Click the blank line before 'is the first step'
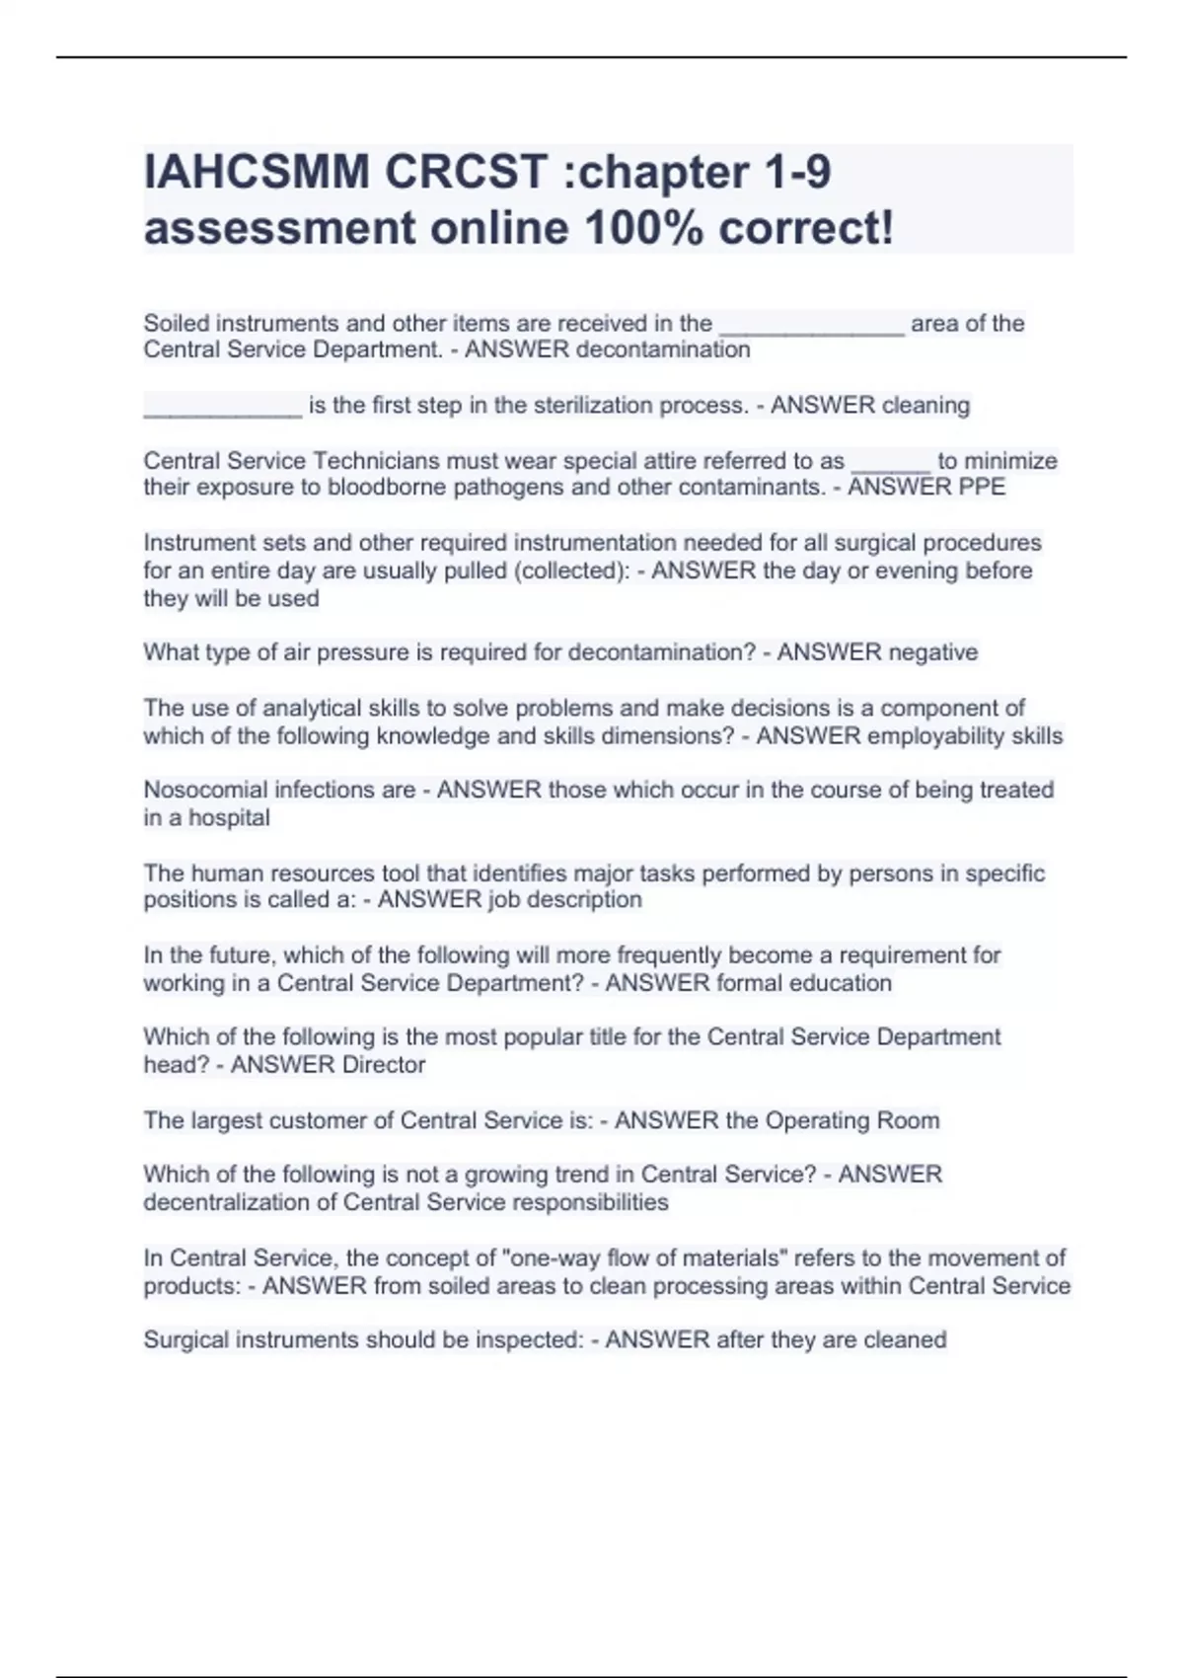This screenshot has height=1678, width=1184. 223,409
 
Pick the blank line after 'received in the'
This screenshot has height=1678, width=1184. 812,327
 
